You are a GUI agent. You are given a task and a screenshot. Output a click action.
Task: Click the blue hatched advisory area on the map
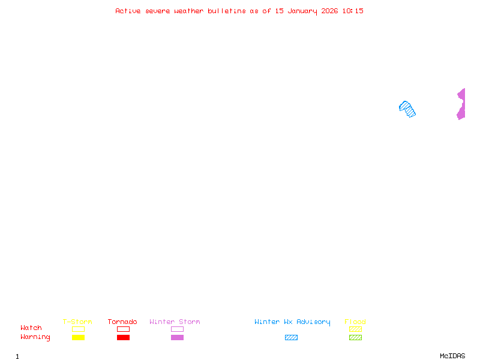[x=407, y=109]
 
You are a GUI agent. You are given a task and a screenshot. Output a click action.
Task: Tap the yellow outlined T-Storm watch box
[x=78, y=329]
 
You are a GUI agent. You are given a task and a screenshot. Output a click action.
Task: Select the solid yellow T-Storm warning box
[x=78, y=337]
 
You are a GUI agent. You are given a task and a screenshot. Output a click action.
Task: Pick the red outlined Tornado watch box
[x=123, y=329]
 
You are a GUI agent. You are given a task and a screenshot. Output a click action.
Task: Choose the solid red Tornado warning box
[x=123, y=337]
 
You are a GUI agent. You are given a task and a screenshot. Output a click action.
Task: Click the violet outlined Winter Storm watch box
[x=177, y=329]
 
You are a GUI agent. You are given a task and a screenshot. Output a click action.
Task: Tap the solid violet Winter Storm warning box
[x=177, y=337]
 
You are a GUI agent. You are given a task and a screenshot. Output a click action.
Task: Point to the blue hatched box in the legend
[x=291, y=337]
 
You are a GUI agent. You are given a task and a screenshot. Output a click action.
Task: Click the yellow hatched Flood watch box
[x=355, y=329]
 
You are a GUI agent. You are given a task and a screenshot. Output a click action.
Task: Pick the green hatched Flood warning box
[x=355, y=337]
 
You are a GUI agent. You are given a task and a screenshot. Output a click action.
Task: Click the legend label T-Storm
[x=77, y=322]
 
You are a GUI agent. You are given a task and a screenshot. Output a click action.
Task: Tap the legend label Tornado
[x=122, y=322]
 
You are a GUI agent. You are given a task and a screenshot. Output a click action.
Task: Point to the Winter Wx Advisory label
[x=292, y=322]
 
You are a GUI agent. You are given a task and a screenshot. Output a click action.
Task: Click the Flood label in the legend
[x=355, y=322]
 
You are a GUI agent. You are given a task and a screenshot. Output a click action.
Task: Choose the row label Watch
[x=31, y=328]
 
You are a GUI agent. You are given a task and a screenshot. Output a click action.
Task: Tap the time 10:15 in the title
[x=353, y=11]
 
